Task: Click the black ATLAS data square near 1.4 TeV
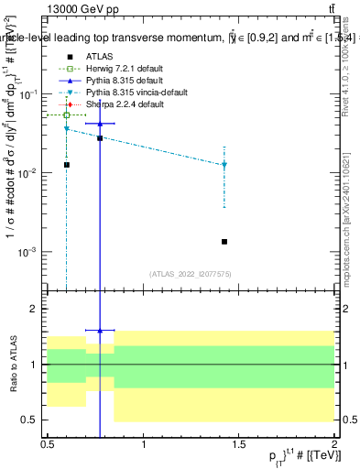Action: coord(224,242)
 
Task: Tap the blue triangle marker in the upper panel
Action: coord(100,123)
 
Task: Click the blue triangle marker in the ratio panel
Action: coord(100,330)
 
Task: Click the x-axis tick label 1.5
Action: coord(240,443)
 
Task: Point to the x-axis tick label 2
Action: coord(334,443)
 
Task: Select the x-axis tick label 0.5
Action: coord(48,443)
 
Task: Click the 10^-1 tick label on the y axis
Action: coord(31,94)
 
